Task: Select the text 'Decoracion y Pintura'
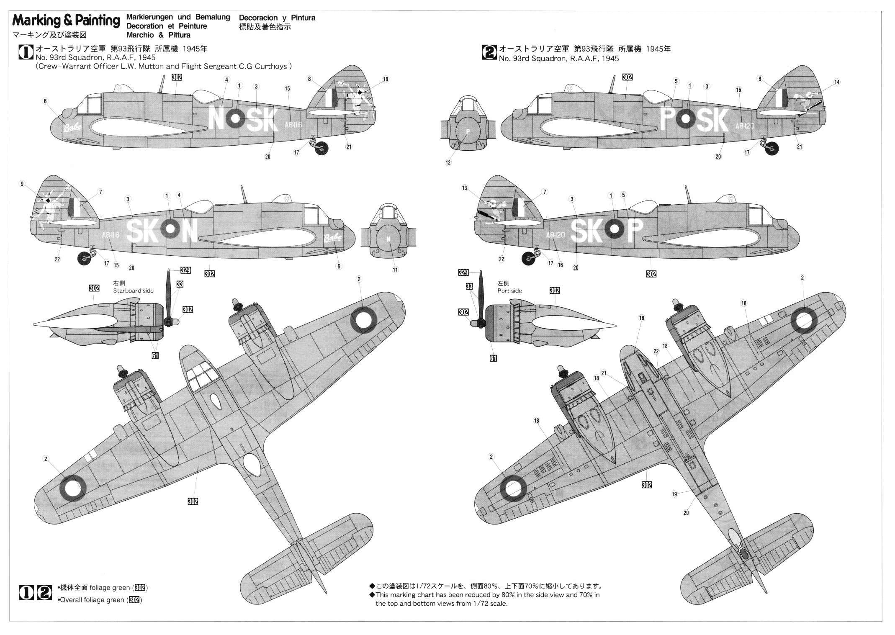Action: point(277,18)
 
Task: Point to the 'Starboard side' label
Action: point(133,291)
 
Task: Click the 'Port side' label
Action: point(509,291)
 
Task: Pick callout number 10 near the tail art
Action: point(386,79)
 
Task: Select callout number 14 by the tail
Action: point(836,82)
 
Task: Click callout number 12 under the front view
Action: point(448,162)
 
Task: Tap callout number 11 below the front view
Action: point(395,270)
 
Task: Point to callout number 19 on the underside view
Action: point(674,494)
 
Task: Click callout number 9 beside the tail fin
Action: point(22,183)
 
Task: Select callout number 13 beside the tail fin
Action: point(464,188)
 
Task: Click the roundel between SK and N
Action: point(170,229)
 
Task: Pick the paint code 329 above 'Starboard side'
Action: point(185,270)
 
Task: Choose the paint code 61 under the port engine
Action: point(493,358)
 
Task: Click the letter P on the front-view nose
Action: point(468,131)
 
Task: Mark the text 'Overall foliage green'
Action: point(92,600)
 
